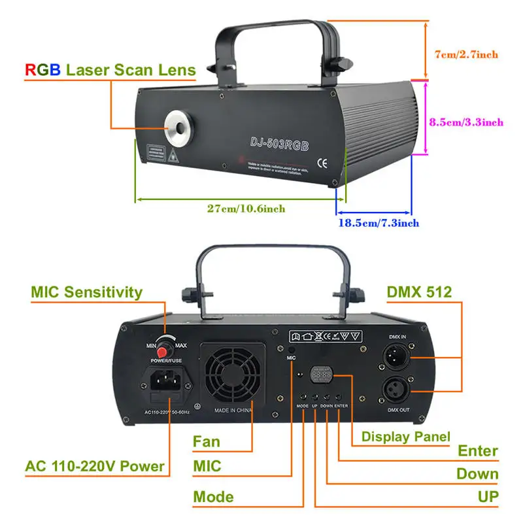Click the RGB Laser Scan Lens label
click(110, 69)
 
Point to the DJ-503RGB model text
click(278, 141)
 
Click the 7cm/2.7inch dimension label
click(466, 55)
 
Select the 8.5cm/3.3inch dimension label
click(466, 122)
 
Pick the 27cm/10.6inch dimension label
click(246, 209)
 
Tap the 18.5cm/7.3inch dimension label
click(379, 222)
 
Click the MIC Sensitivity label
click(86, 292)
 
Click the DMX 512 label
click(419, 292)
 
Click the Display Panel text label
click(405, 436)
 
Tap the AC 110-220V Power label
click(95, 467)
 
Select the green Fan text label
click(206, 441)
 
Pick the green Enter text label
click(478, 450)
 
